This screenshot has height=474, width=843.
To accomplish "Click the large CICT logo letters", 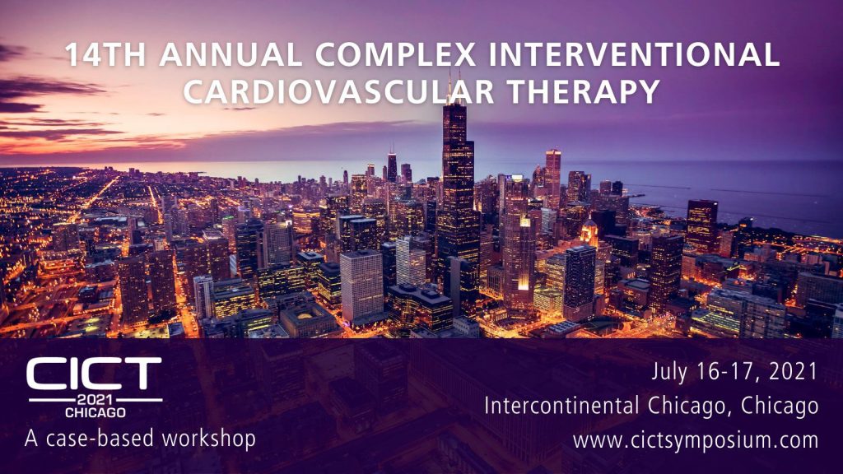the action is coord(94,374).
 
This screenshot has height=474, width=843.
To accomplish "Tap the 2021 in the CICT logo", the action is coord(95,400).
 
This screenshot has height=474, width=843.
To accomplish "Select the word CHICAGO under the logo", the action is coord(95,412).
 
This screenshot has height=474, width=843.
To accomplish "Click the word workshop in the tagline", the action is coord(209,439).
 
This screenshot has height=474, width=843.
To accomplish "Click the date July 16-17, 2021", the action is coord(734,371).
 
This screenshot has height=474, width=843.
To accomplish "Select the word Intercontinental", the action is coord(561,405).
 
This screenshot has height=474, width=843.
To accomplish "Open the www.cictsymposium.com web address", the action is coord(696,440).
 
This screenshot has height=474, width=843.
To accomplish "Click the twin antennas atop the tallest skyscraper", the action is coord(454,85).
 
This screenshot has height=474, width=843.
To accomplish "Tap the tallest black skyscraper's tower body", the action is coord(457,183).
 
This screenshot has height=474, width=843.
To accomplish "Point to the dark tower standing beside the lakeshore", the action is coord(701,225).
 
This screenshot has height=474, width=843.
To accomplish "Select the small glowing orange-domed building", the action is coord(589,233).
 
